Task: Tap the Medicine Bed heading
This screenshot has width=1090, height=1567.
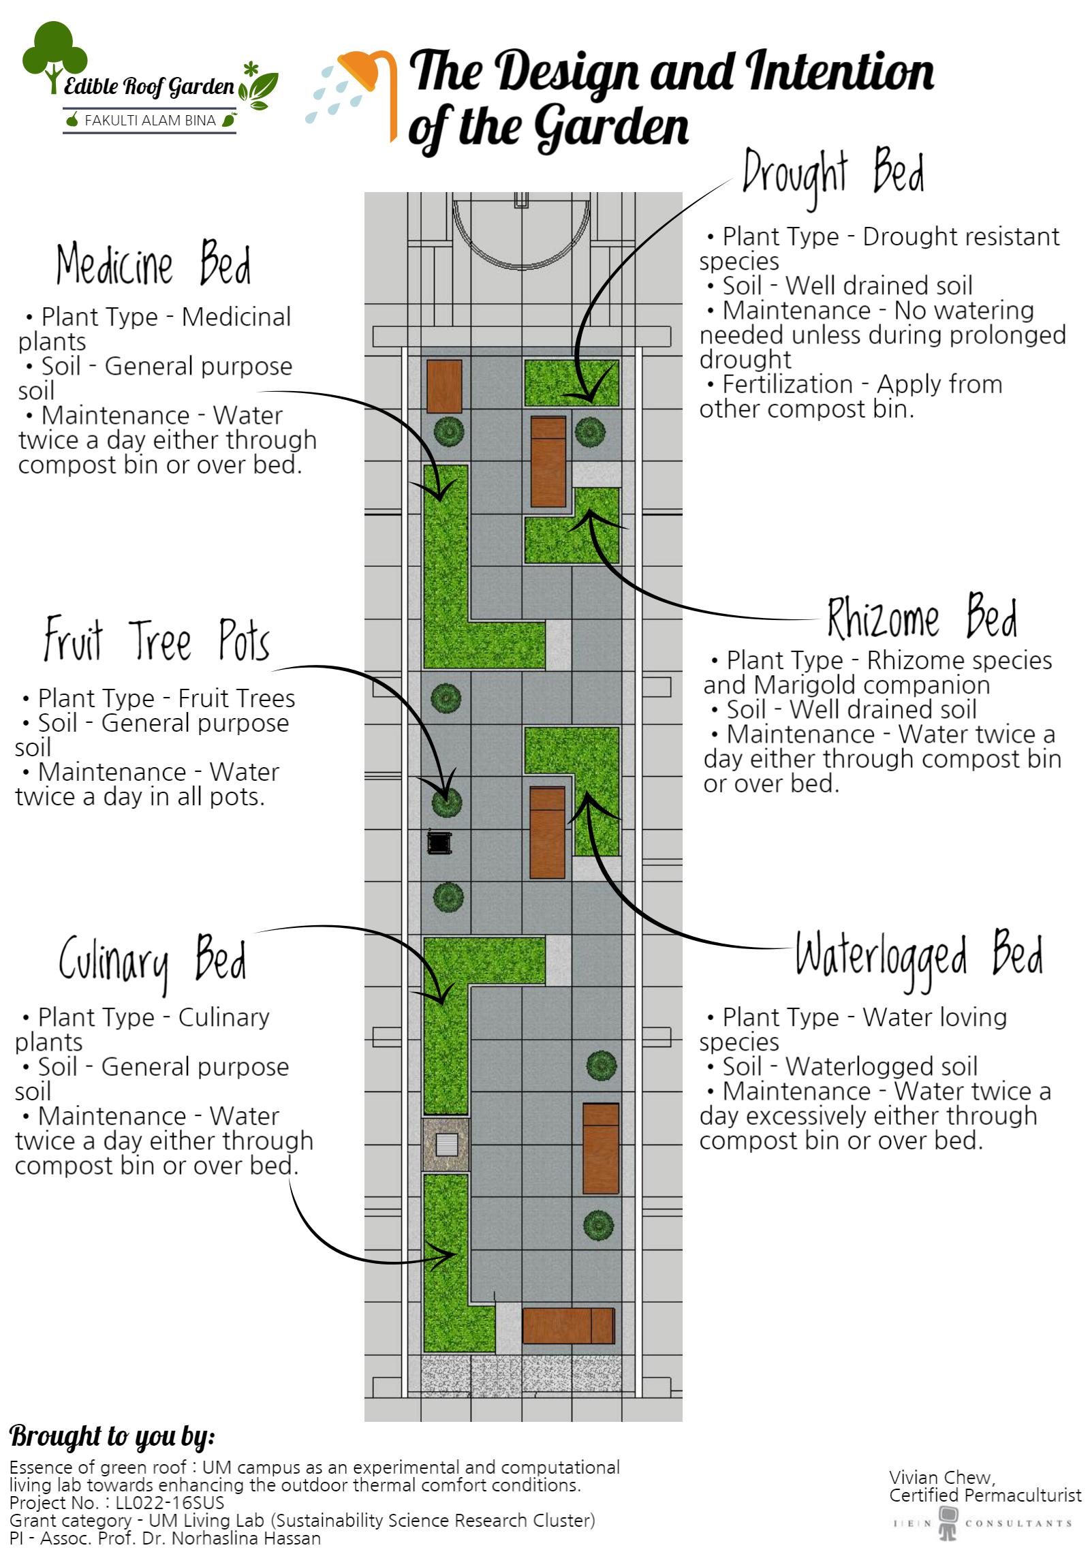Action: point(153,264)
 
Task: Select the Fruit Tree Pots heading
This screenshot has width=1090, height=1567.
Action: point(157,640)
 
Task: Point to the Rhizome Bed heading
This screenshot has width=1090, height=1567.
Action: point(922,618)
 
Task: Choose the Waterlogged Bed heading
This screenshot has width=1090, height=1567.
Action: point(918,954)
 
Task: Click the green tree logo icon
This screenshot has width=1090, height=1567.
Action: point(54,55)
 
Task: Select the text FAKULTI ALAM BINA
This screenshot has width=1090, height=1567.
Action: point(149,121)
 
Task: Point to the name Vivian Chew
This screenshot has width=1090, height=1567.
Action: point(941,1478)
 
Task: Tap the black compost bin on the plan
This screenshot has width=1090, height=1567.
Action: point(439,842)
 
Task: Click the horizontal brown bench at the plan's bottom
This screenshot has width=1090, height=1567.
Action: point(568,1325)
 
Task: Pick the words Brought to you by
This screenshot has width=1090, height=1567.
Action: point(112,1436)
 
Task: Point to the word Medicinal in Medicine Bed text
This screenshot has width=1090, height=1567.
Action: point(236,317)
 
